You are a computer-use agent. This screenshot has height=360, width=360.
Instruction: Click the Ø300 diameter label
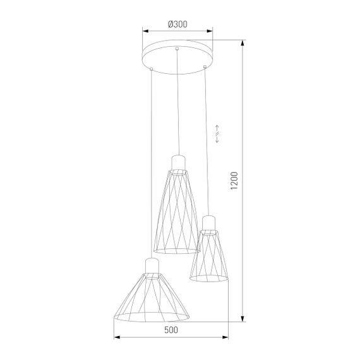pos(178,24)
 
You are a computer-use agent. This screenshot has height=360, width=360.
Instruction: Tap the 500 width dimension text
pos(171,330)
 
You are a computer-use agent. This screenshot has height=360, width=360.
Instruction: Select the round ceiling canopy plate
pos(177,54)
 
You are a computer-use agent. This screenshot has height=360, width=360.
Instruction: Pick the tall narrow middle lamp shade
pos(177,212)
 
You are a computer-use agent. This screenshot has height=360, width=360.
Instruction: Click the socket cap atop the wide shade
pos(152,265)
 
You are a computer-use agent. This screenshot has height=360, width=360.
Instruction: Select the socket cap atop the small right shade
pos(209,222)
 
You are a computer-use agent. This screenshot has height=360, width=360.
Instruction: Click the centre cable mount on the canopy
pos(178,49)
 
